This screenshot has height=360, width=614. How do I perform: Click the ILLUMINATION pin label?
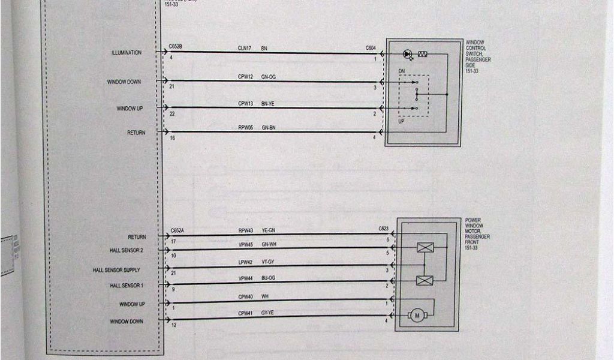[x=126, y=53]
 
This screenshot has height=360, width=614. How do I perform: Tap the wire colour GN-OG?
[x=268, y=77]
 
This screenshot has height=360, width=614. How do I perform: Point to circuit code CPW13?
[x=245, y=104]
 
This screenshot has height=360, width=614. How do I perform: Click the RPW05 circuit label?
[x=245, y=128]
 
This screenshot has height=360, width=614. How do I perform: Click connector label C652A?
[x=177, y=230]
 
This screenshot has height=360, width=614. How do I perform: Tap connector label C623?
[x=384, y=229]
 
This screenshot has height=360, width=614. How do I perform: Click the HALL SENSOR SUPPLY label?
[x=116, y=270]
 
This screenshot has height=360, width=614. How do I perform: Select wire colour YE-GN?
[x=268, y=230]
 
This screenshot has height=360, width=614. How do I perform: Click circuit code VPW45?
[x=245, y=244]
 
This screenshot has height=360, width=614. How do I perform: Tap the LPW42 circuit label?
[x=245, y=262]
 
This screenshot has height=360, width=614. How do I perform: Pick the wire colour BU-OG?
[x=268, y=278]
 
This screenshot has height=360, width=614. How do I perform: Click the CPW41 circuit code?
[x=245, y=313]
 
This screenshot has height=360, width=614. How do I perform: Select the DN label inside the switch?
[x=402, y=71]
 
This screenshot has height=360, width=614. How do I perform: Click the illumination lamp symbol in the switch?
[x=408, y=54]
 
